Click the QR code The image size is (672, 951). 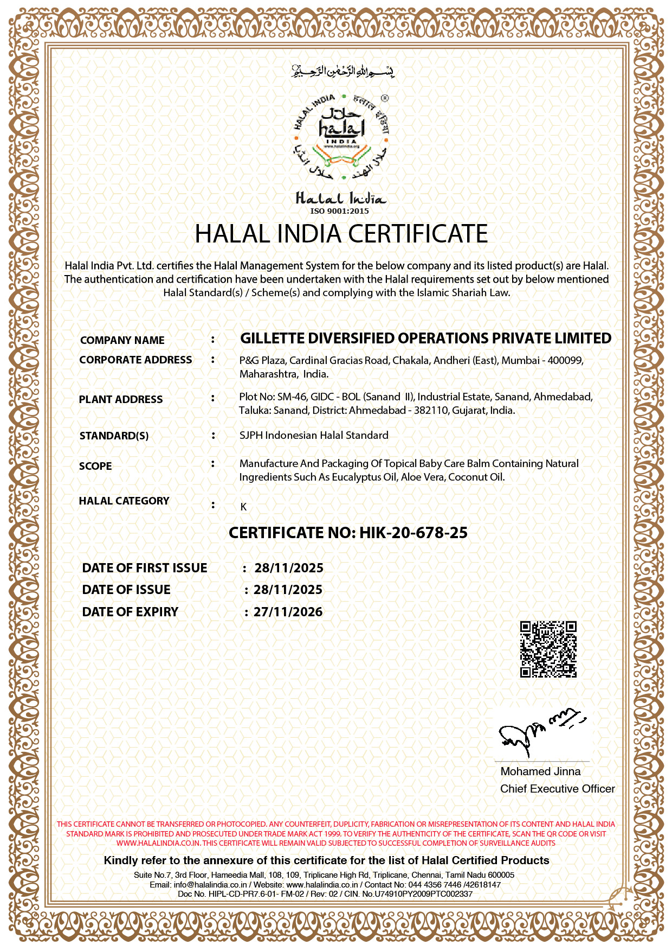(548, 649)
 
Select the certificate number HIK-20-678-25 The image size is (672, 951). (413, 533)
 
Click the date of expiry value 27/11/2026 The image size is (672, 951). (288, 612)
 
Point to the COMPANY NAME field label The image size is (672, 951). (122, 340)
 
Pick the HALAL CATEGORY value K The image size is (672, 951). (243, 507)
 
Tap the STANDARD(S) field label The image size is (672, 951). (114, 436)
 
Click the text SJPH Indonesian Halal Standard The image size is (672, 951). (314, 435)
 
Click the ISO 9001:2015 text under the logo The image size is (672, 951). (339, 211)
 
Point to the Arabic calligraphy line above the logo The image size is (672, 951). (343, 71)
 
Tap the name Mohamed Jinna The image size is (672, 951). (540, 771)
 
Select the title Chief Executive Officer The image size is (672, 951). (557, 789)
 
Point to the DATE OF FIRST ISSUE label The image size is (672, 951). (145, 568)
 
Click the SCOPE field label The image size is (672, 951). (95, 466)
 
